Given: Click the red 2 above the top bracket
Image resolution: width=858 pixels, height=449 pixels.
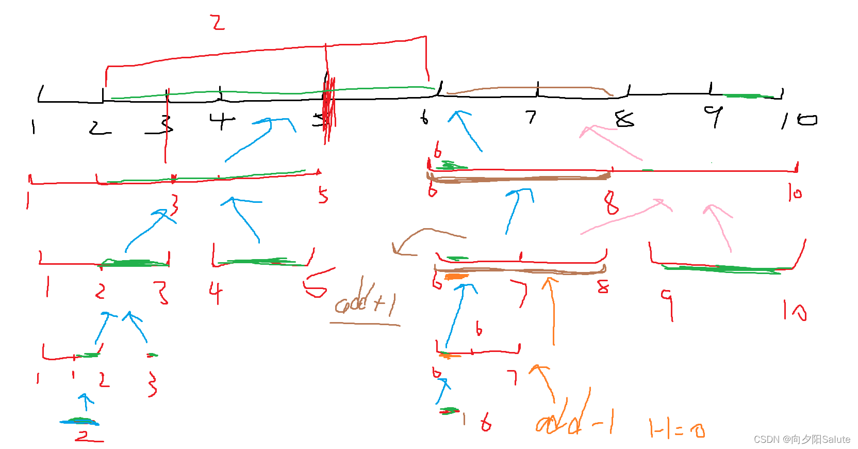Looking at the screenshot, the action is [x=218, y=23].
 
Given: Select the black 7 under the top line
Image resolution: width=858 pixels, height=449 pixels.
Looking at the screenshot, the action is [x=531, y=117].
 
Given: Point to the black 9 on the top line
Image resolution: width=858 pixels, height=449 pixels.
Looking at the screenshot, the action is [x=714, y=116].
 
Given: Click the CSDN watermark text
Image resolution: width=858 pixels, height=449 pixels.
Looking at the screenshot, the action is [x=802, y=439].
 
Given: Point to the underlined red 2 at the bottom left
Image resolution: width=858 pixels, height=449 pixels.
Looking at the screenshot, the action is [x=88, y=437].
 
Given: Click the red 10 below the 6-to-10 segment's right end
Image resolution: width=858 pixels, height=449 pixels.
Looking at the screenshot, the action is [x=795, y=193].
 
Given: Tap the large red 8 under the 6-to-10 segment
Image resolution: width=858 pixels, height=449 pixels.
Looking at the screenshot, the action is [x=611, y=202].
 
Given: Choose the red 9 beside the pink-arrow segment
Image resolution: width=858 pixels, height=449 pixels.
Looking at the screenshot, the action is [x=668, y=303].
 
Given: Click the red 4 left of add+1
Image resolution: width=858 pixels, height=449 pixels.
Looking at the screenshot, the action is [x=216, y=292].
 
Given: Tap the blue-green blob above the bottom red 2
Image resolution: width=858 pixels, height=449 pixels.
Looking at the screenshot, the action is [x=79, y=421].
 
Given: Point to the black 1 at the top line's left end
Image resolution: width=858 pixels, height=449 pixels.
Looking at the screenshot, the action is [x=34, y=126].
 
